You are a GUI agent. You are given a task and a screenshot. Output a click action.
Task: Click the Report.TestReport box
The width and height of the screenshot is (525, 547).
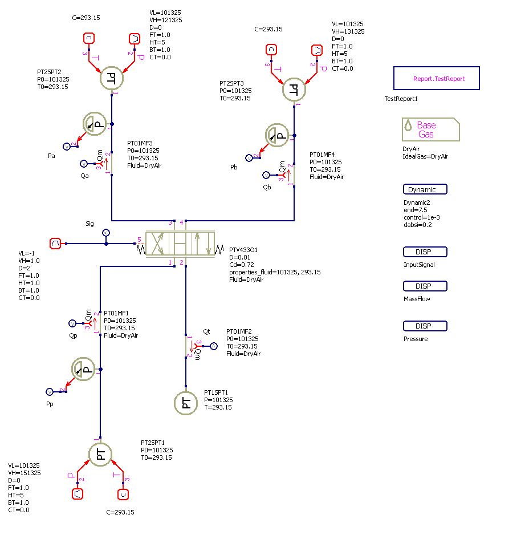[x=436, y=78]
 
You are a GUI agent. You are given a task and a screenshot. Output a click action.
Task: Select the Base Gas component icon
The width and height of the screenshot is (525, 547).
[x=430, y=129]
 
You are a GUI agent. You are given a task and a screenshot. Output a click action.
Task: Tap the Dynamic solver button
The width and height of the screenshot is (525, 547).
[x=425, y=189]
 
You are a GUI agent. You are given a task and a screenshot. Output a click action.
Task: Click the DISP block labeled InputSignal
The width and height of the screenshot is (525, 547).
[x=425, y=252]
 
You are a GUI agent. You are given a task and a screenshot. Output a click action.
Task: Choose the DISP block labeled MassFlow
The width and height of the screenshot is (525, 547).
[x=425, y=286]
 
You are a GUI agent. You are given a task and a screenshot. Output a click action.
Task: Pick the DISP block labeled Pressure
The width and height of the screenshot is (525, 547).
[x=425, y=326]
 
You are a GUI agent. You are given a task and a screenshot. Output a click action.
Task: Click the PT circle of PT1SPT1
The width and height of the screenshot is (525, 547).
[x=186, y=403]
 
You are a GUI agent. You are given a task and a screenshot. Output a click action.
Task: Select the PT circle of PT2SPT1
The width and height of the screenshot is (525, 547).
[x=100, y=454]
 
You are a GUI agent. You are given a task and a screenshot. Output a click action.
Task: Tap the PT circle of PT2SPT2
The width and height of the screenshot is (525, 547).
[x=112, y=78]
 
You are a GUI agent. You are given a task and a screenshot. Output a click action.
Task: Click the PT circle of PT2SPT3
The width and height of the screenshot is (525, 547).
[x=294, y=89]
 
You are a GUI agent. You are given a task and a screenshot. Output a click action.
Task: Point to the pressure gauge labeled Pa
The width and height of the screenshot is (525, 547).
[x=95, y=124]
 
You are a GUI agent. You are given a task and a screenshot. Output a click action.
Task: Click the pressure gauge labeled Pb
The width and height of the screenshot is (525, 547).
[x=277, y=135]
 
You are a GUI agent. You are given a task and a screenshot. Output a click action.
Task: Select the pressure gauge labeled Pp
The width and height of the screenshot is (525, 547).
[x=83, y=370]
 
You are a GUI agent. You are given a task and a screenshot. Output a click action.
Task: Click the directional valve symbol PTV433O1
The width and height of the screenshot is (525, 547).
[x=180, y=244]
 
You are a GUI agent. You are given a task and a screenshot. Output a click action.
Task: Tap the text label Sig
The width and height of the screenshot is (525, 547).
[x=89, y=224]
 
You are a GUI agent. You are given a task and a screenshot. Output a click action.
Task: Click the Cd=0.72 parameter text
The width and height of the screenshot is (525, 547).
[x=243, y=265]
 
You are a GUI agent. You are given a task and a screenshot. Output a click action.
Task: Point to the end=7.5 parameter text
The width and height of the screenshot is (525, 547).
[x=416, y=210]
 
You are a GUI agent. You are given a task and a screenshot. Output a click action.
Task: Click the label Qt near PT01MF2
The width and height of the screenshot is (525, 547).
[x=206, y=331]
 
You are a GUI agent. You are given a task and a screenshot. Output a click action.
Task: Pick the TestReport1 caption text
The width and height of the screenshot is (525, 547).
[x=402, y=99]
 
